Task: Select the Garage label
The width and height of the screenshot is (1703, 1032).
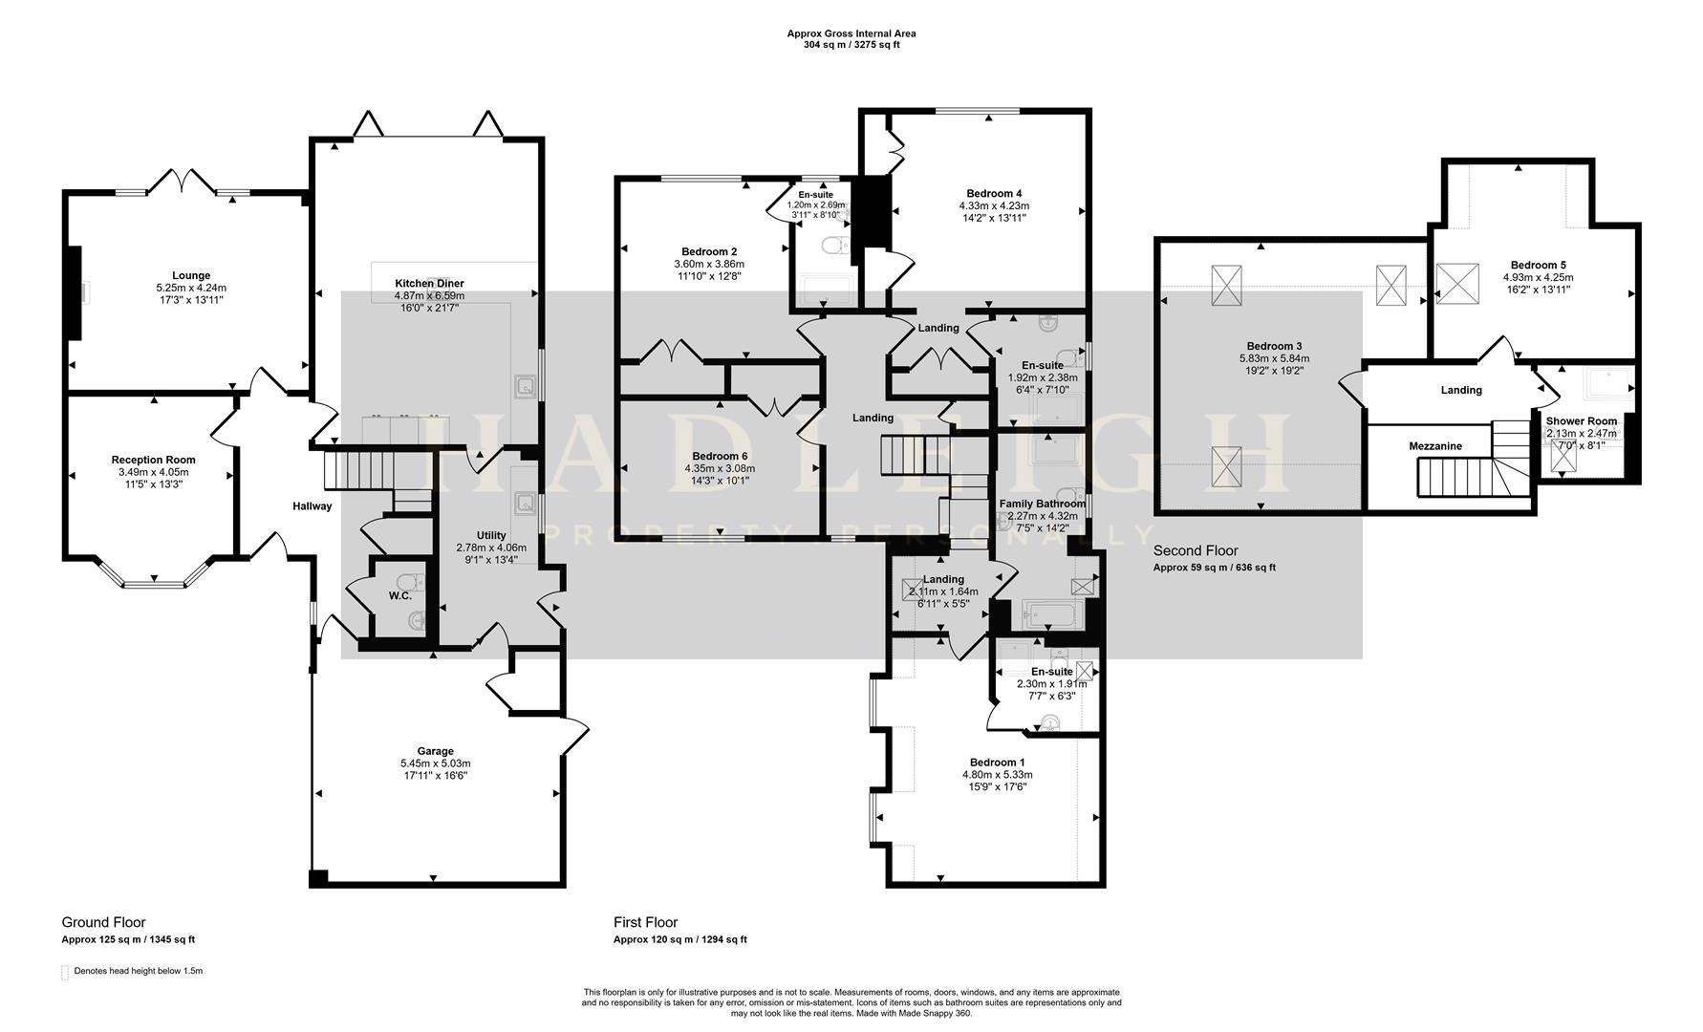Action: coord(435,751)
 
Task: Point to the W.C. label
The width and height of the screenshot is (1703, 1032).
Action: coord(399,596)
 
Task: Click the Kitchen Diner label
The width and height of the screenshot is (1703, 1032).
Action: coord(430,284)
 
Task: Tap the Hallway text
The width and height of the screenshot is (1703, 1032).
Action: coord(312,506)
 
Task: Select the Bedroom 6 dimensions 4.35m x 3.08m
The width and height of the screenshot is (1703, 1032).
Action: coord(719,468)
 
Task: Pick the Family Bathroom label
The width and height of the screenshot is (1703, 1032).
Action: coord(1042,504)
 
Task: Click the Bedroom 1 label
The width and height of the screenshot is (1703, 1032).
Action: coord(997,763)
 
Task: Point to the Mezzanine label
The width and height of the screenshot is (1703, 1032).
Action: coord(1434,446)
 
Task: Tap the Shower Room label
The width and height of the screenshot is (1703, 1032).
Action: coord(1582,421)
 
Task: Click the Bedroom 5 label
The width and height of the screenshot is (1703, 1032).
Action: coord(1538,265)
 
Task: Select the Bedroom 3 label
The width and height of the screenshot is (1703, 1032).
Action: coord(1274,346)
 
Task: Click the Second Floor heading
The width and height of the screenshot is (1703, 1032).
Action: coord(1195,550)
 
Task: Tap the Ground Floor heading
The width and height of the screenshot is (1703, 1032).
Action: coord(103,922)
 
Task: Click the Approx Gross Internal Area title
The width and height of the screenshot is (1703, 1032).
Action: coord(851,33)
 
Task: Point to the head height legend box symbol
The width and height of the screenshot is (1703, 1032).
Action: coord(65,973)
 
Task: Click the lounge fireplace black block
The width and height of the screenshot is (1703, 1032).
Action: coord(73,292)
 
